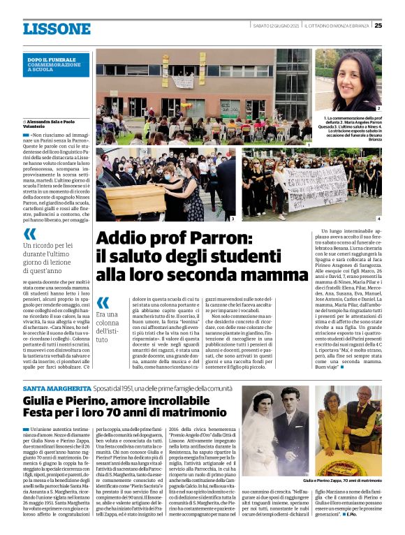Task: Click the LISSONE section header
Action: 57,29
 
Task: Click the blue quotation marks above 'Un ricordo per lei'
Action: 29,233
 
